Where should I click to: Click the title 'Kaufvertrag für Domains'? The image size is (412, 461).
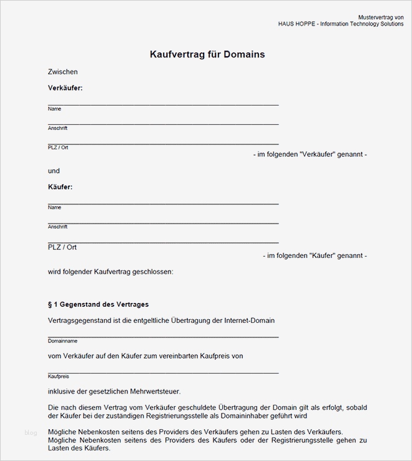tap(207, 54)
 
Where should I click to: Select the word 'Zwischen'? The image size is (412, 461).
tap(62, 72)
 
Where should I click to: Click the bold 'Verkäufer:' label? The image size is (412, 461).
tap(65, 88)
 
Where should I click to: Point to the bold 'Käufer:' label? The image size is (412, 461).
tap(60, 187)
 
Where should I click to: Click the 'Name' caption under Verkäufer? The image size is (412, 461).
tap(54, 109)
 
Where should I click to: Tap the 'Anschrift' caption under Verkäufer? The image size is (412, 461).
tap(57, 128)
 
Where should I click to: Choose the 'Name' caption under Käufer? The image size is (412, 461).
tap(54, 207)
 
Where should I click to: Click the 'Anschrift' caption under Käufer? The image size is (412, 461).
tap(57, 227)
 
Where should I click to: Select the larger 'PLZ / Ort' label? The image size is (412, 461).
tap(62, 247)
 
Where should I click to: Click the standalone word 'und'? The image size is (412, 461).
tap(54, 171)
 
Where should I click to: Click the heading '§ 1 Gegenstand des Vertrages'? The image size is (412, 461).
tap(98, 305)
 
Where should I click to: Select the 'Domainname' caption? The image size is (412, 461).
tap(62, 341)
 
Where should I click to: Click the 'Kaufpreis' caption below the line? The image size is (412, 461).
tap(58, 377)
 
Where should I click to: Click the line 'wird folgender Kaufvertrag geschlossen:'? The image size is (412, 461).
tap(110, 272)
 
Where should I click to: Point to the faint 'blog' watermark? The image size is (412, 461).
tap(31, 432)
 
